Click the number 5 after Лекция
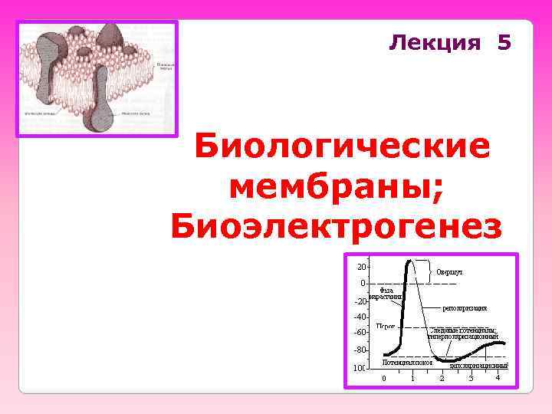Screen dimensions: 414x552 pos(503,42)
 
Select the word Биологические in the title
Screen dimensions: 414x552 pos(342,147)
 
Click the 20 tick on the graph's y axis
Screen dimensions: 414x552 pos(360,267)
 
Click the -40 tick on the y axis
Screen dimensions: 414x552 pos(360,317)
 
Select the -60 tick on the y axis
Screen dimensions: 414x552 pos(360,333)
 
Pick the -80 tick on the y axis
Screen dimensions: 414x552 pos(360,350)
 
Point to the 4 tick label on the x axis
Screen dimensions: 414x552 pos(498,377)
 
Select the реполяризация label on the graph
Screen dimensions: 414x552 pos(465,308)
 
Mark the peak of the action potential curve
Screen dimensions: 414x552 pos(410,261)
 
